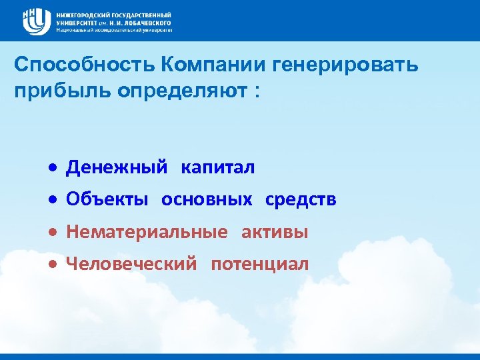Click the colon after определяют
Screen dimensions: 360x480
pyautogui.click(x=257, y=92)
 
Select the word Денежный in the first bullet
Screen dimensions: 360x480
pyautogui.click(x=117, y=168)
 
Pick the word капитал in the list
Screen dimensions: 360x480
pyautogui.click(x=218, y=168)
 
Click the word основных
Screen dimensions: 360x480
pyautogui.click(x=207, y=200)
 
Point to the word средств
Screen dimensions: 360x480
pyautogui.click(x=301, y=200)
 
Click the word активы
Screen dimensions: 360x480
pyautogui.click(x=275, y=232)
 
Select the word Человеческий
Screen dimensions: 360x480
pyautogui.click(x=131, y=264)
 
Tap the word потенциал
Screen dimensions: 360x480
pyautogui.click(x=260, y=264)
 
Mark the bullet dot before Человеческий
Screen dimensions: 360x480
pyautogui.click(x=51, y=265)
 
